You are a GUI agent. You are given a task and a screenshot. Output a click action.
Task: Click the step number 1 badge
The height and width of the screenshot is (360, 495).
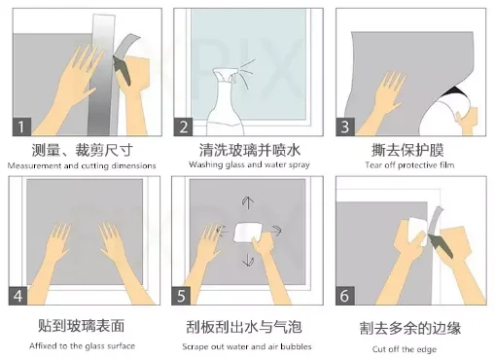(21, 126)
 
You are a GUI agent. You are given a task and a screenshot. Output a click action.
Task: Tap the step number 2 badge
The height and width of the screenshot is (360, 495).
(183, 126)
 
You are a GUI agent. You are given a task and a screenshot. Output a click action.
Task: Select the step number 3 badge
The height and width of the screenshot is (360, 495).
(345, 126)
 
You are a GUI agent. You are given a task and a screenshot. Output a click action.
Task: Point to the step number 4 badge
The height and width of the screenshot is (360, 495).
(18, 296)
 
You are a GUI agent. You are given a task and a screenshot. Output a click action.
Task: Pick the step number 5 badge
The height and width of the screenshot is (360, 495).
(181, 296)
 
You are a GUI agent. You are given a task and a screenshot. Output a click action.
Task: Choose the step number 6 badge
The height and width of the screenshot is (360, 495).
(345, 296)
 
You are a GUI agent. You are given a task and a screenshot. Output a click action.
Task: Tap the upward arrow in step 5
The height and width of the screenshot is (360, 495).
(248, 202)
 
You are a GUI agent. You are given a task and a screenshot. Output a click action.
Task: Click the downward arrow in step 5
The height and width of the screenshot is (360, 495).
(249, 260)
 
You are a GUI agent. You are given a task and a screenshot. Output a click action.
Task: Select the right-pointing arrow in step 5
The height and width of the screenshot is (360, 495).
(276, 231)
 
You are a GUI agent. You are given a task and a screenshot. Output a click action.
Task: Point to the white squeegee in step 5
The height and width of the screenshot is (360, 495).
(247, 232)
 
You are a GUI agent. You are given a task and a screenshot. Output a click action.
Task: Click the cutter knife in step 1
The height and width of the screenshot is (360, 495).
(122, 70)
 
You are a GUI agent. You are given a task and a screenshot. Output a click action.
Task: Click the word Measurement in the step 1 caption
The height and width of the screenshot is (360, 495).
(34, 165)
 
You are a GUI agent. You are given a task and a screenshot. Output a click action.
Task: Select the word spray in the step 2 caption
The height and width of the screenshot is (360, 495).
(300, 165)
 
